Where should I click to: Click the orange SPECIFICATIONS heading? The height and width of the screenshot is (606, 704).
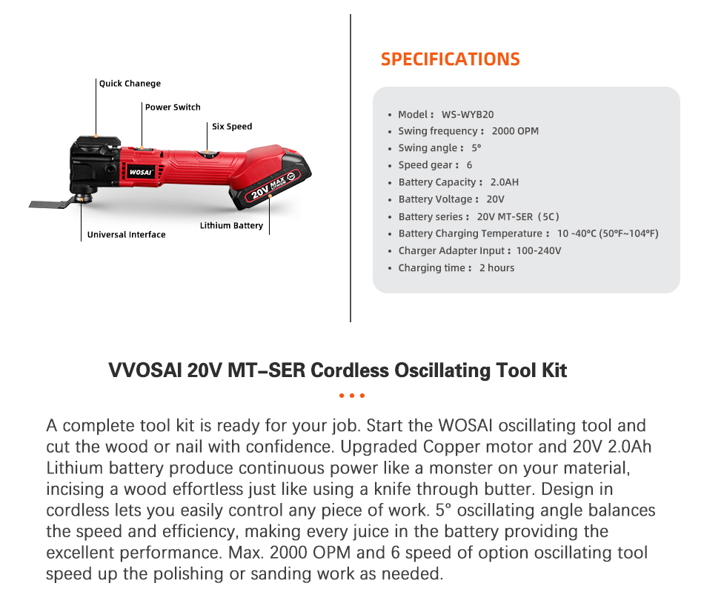[450, 59]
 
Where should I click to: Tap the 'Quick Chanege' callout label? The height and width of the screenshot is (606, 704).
[130, 84]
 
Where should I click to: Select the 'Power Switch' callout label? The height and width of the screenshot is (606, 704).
[173, 107]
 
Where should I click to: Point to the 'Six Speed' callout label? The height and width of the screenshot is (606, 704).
[232, 127]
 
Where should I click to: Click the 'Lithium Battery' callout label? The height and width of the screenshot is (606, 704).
[231, 225]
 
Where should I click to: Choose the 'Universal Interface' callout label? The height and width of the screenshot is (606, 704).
[126, 235]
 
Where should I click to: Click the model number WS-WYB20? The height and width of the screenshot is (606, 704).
[467, 114]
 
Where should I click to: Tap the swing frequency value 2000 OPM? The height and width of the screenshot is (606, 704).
[515, 131]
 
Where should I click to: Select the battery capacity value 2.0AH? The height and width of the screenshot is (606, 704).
[504, 182]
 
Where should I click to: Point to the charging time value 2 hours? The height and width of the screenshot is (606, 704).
[497, 268]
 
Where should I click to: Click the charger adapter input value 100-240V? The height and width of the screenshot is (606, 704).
[538, 251]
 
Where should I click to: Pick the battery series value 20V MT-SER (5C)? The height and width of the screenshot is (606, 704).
[518, 217]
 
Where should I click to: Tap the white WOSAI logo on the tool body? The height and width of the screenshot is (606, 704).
[139, 172]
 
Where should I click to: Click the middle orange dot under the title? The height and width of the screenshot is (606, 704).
[352, 396]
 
